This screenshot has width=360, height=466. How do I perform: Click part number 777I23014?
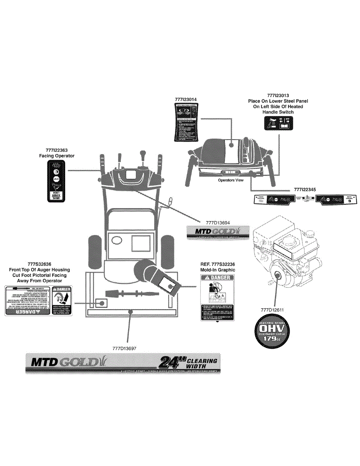186,99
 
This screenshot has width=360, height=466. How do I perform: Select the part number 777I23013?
278,95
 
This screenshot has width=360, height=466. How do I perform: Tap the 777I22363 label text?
56,150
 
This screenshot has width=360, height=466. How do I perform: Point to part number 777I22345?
305,190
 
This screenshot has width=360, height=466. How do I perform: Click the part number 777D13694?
218,223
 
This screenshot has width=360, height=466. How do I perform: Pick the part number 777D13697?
124,348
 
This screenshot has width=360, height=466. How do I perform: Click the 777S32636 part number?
39,264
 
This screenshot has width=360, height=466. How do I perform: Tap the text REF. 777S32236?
217,264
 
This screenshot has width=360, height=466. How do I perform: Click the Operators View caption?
231,180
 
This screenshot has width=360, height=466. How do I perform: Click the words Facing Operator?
57,156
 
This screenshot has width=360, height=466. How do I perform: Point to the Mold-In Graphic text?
217,270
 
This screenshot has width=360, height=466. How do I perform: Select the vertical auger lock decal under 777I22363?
56,182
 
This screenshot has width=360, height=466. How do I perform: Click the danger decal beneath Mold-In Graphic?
217,297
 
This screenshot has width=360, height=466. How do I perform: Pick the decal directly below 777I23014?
186,123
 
